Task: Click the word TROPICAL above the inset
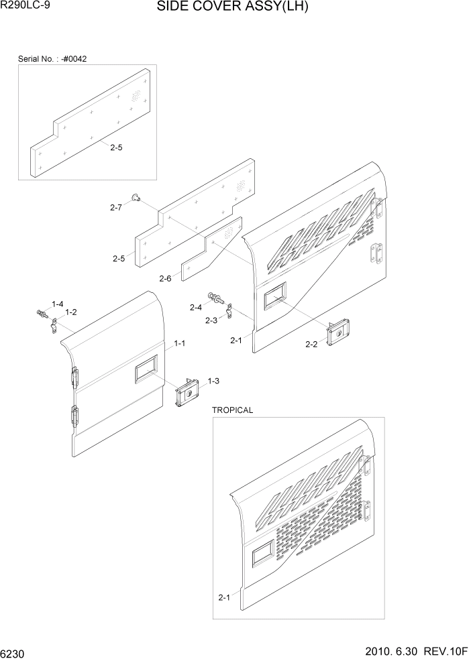[232, 410]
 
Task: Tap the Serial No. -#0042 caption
[52, 59]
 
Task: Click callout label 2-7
[116, 208]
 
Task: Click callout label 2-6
[166, 279]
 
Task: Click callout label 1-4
[57, 304]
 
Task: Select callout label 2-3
[211, 320]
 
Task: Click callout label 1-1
[180, 343]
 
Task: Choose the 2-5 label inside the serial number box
[116, 148]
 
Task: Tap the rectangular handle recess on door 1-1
[146, 369]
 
